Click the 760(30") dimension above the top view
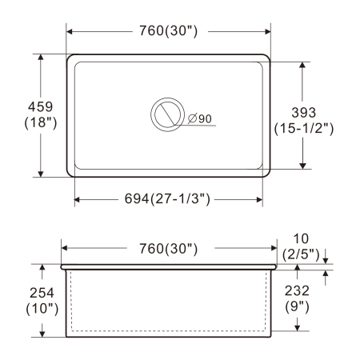(169, 31)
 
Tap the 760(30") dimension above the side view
(169, 249)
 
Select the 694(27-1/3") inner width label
(167, 198)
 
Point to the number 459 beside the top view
(41, 106)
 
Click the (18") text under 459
(41, 122)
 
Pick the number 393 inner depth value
(304, 113)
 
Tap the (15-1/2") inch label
(304, 129)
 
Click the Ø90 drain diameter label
(200, 118)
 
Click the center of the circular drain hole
(167, 114)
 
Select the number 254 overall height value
(42, 293)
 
